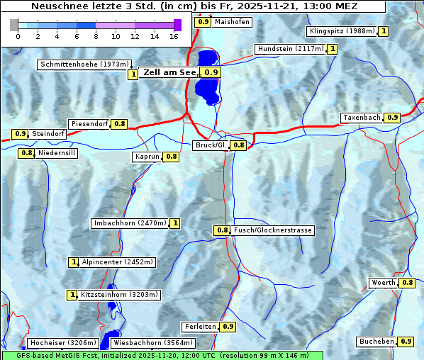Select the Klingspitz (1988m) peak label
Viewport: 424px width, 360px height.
point(342,31)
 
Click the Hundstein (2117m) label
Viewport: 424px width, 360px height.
point(291,49)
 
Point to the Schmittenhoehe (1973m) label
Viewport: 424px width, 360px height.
point(84,64)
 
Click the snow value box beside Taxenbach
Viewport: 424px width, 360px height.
point(392,117)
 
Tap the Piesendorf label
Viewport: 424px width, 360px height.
point(89,124)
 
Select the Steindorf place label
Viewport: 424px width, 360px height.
point(49,134)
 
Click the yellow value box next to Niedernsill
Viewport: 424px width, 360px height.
point(27,152)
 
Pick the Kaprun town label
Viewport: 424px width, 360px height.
point(147,157)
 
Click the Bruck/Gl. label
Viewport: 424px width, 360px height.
point(211,145)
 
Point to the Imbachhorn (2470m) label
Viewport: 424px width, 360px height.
point(130,224)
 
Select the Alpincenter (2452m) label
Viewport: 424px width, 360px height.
point(117,262)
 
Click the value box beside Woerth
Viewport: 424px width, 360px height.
point(407,283)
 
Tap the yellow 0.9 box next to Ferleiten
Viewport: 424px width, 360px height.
point(228,327)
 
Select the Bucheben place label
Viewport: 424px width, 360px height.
point(376,342)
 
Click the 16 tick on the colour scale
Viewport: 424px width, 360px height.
point(174,35)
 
